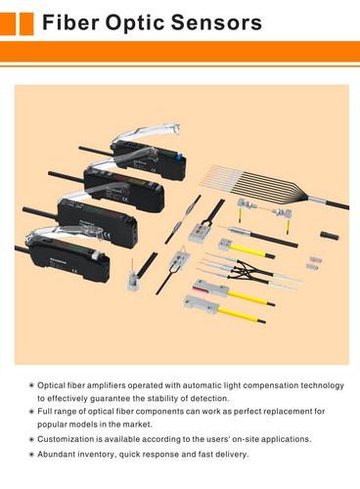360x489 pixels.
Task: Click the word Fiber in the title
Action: (x=70, y=22)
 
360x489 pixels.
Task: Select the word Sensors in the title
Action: (x=216, y=22)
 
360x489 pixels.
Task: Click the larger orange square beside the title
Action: (x=26, y=23)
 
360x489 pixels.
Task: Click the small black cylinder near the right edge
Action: (x=329, y=235)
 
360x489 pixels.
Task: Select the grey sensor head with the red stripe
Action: (x=210, y=288)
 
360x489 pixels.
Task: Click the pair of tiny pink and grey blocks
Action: (x=314, y=263)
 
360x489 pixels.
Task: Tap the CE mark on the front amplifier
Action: (x=73, y=270)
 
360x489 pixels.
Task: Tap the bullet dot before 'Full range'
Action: (x=31, y=412)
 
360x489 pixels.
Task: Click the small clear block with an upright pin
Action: (x=133, y=278)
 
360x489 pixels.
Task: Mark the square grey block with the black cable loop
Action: (x=199, y=231)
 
